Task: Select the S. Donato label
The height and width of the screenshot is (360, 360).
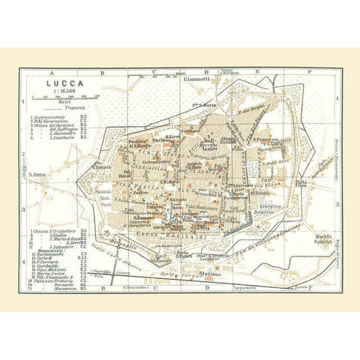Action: click(x=102, y=166)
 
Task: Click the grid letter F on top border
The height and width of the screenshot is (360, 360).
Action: click(x=309, y=72)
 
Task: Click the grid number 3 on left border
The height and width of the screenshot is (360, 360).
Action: click(x=23, y=210)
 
